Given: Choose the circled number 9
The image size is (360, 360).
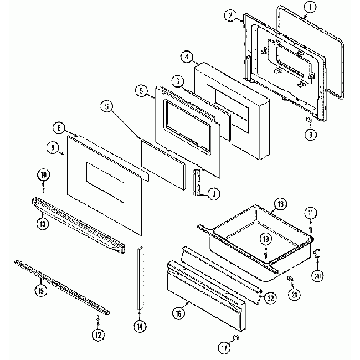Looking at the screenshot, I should (52, 147).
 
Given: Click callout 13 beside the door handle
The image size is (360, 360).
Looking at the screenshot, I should (42, 224).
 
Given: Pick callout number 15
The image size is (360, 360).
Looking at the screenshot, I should (40, 290).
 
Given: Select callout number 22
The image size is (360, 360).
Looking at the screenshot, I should (269, 297).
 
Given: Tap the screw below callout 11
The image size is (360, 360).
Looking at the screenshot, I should (311, 224).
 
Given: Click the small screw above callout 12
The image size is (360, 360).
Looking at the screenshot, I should (98, 317).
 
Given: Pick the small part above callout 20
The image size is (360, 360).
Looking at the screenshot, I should (317, 253).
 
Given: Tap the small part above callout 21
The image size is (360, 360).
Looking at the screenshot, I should (290, 277).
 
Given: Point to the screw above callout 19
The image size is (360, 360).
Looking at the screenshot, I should (266, 253).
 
